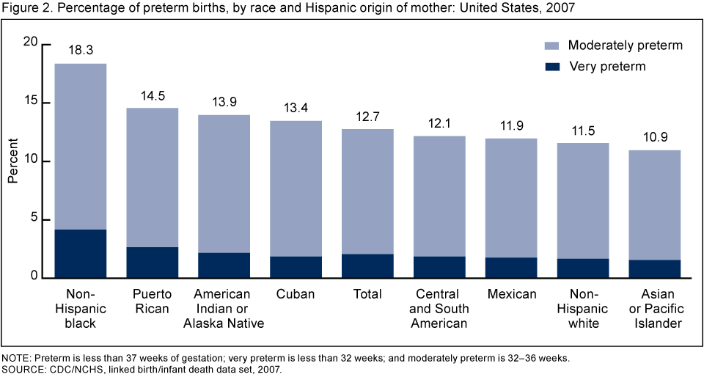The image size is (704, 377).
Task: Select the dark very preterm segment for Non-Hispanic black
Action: [x=81, y=254]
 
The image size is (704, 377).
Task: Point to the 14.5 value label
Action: [x=153, y=95]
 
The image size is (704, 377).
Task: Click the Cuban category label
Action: [x=296, y=294]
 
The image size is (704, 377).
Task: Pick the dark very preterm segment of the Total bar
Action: [x=368, y=266]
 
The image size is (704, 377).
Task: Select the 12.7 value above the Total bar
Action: [x=368, y=115]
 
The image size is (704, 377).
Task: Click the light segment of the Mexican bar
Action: [x=512, y=198]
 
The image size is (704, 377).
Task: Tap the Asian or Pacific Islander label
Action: [x=656, y=309]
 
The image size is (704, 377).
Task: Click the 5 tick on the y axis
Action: [x=33, y=220]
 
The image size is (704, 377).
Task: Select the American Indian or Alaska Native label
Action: [x=224, y=309]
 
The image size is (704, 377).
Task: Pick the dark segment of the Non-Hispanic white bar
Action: [x=584, y=268]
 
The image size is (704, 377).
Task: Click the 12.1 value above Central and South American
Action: [x=440, y=122]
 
